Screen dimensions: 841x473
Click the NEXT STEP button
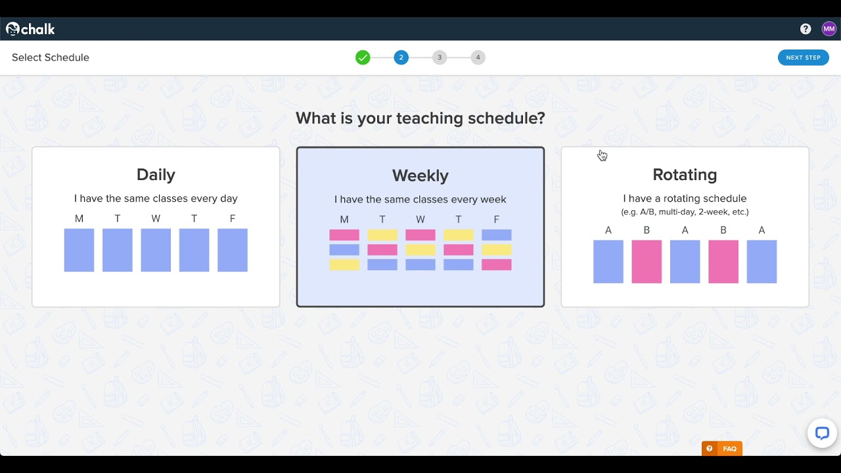(803, 57)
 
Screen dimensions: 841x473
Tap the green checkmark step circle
(363, 57)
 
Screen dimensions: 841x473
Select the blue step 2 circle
(401, 57)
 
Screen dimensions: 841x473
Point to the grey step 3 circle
(440, 57)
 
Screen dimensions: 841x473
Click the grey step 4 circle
(478, 57)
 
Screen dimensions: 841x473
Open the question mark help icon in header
(806, 29)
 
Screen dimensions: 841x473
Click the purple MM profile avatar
(829, 29)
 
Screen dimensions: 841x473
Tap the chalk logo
(30, 29)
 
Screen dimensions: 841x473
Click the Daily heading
(156, 175)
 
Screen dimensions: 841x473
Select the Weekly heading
(420, 175)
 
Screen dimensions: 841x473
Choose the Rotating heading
(685, 175)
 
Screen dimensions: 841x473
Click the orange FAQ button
(722, 449)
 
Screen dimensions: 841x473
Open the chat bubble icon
(822, 433)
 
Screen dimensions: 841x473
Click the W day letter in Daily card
(156, 219)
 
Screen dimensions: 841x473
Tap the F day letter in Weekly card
(496, 219)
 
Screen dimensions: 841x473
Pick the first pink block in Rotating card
(647, 261)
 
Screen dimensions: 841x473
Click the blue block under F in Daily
(233, 250)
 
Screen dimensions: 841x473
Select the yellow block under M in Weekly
(344, 265)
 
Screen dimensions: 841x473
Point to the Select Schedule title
(51, 57)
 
